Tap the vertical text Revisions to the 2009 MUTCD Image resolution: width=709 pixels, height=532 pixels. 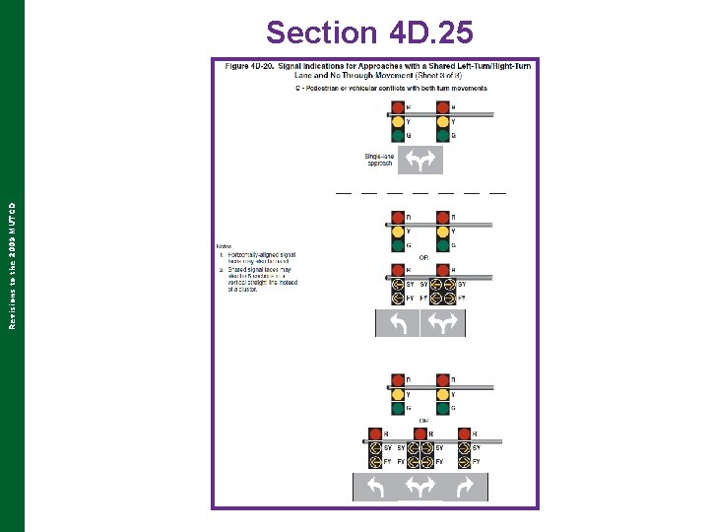[11, 266]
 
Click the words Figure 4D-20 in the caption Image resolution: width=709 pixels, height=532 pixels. [249, 66]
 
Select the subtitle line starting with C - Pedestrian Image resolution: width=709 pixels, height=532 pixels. [390, 88]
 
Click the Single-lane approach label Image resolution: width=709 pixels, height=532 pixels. [378, 160]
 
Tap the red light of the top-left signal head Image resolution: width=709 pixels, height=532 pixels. [397, 107]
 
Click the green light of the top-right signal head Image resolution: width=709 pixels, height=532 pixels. [442, 135]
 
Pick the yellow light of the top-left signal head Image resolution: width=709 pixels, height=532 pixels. [397, 121]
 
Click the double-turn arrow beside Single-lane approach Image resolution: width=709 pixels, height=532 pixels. [420, 160]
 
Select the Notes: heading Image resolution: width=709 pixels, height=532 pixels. [226, 246]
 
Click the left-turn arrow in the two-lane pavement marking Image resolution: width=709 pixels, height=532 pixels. [398, 323]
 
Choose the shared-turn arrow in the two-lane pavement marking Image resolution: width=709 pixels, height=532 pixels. [443, 323]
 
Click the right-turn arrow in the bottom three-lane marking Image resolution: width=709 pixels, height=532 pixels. [465, 487]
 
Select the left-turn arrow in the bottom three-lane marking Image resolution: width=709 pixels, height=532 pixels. [375, 487]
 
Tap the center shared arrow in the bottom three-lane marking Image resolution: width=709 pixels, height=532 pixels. [420, 487]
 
